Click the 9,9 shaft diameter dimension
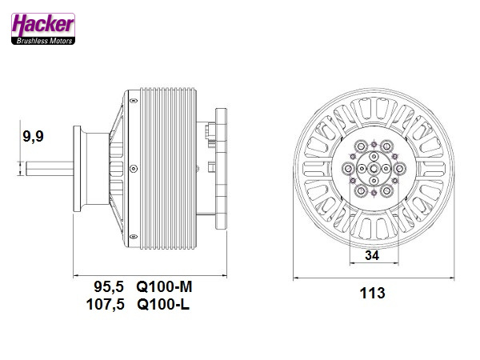tap(33, 137)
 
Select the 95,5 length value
tap(111, 286)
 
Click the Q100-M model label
tap(165, 286)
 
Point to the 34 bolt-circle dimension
tap(372, 256)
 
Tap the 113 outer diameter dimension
tap(372, 293)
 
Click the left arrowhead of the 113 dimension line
tap(297, 277)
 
